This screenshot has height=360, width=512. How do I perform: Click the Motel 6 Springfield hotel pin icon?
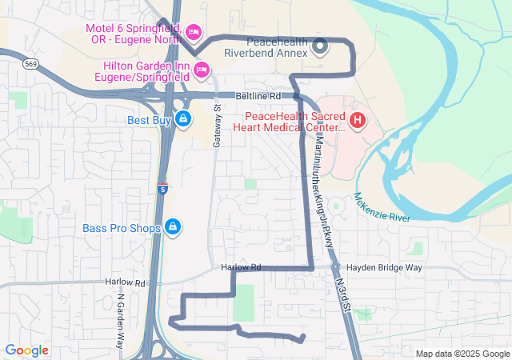click(x=193, y=32)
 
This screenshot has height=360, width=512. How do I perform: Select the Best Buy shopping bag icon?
click(x=184, y=120)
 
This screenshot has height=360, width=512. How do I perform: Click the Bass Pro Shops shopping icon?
click(x=172, y=228)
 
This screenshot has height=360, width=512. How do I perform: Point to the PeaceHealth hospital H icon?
click(x=357, y=122)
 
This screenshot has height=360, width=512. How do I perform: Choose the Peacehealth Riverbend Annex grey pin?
click(x=320, y=46)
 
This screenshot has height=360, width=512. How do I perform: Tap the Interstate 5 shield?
click(x=162, y=190)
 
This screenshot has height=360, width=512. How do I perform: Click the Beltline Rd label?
click(x=258, y=96)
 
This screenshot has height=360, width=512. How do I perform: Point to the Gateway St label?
click(x=216, y=125)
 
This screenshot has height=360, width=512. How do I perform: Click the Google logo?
click(x=27, y=350)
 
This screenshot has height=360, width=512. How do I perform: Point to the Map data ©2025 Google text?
click(x=462, y=354)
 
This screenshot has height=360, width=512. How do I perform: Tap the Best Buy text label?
click(x=149, y=121)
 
